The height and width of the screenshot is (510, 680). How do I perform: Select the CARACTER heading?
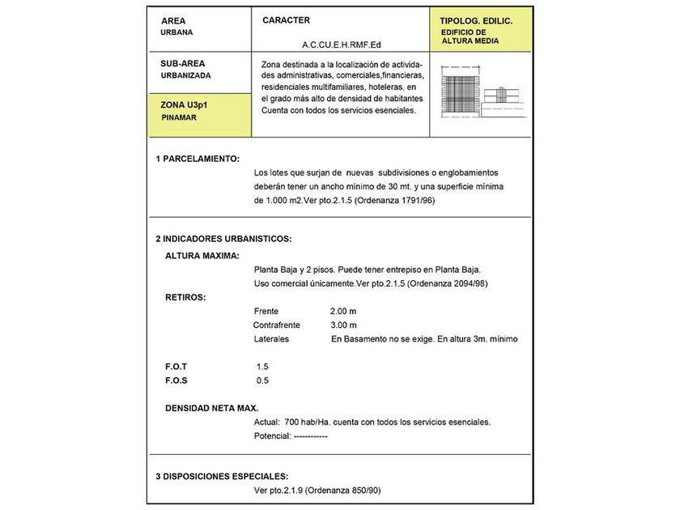pos(287,19)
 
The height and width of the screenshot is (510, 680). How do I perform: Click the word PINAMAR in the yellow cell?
pos(180,117)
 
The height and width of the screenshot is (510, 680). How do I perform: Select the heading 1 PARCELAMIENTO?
pos(198,159)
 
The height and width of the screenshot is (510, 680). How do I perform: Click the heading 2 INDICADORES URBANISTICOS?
pos(223,239)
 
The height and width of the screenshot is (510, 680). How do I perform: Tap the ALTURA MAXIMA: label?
pos(202,256)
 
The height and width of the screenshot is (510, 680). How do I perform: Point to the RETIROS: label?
pos(185,297)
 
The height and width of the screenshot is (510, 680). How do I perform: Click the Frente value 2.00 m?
pos(343,311)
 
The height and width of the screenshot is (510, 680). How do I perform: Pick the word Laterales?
pos(271,339)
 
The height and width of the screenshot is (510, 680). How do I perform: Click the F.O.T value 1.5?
pos(262,367)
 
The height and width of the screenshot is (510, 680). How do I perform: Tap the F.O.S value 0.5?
pos(262,380)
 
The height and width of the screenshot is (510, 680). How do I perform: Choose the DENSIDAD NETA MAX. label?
pos(212,408)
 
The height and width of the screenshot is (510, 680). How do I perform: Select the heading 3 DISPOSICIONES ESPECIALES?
pos(222,476)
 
